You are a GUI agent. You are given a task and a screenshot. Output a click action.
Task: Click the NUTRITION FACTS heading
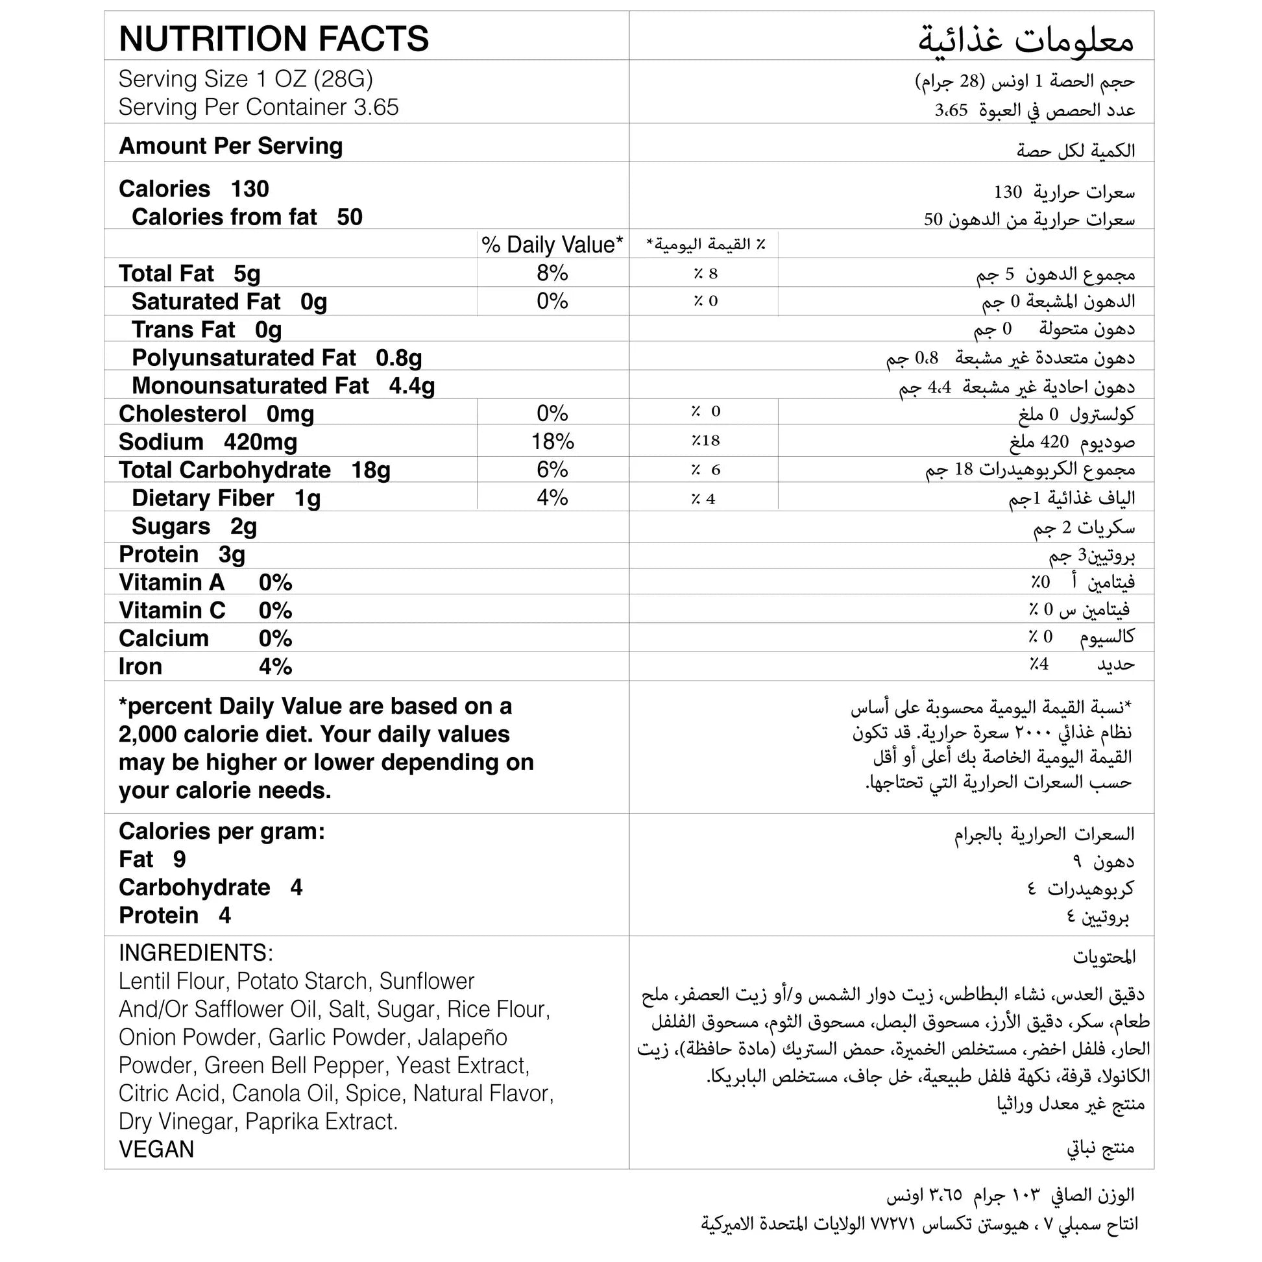click(x=274, y=38)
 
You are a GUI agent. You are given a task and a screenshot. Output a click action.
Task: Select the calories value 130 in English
click(x=250, y=189)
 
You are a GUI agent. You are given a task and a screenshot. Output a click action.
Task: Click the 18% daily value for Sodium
click(x=552, y=442)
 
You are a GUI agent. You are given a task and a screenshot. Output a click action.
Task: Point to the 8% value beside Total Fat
click(x=552, y=273)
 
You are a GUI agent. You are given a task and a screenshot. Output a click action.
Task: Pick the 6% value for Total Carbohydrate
click(x=552, y=470)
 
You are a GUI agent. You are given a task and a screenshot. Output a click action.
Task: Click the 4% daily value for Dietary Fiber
click(x=552, y=498)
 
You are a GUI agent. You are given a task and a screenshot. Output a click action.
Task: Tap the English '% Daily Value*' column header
click(x=552, y=245)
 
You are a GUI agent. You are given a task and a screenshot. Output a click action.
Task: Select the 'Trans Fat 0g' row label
click(x=206, y=330)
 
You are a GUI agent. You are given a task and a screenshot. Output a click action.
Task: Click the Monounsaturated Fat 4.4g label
click(x=283, y=386)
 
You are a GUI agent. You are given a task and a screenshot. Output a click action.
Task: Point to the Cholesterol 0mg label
click(x=216, y=414)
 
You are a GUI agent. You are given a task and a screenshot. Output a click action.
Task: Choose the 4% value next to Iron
click(x=275, y=666)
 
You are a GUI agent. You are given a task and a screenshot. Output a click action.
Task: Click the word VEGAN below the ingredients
click(x=156, y=1149)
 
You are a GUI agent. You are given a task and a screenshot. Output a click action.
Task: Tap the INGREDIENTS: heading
click(x=196, y=953)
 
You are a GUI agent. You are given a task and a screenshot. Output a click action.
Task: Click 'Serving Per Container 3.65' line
click(x=258, y=107)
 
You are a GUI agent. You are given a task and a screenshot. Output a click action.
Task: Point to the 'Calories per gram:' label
click(x=221, y=831)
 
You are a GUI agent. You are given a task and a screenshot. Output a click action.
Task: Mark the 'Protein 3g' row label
click(x=182, y=554)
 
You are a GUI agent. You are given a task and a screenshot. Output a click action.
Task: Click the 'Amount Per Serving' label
click(x=230, y=146)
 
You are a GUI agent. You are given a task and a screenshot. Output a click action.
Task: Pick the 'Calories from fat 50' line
click(x=247, y=217)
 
